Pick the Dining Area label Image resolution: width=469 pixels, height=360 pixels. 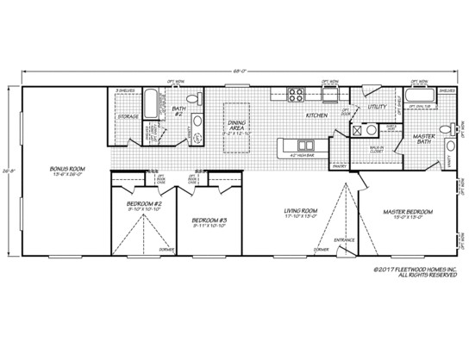point(234,127)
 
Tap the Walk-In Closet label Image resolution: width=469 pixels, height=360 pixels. point(378,153)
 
